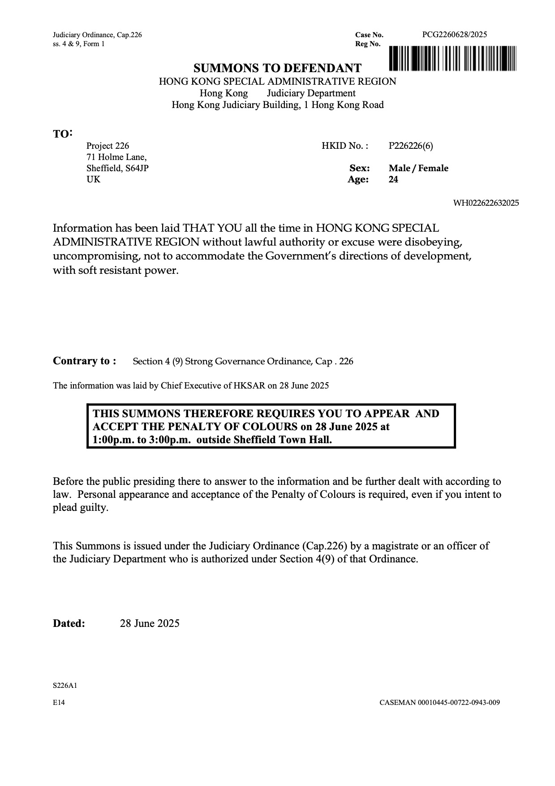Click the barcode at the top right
click(x=452, y=58)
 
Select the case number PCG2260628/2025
click(x=454, y=35)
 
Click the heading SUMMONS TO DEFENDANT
click(x=277, y=68)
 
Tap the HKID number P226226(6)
click(x=411, y=146)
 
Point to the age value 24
click(x=393, y=180)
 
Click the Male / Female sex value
click(x=418, y=168)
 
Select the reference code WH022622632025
click(x=486, y=203)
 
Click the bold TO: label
click(x=62, y=134)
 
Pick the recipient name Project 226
click(x=108, y=146)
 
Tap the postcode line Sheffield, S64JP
click(x=117, y=168)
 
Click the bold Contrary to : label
click(x=85, y=361)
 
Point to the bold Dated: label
click(x=69, y=623)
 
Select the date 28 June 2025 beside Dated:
click(x=150, y=623)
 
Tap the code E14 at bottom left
click(x=59, y=703)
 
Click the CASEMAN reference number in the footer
click(x=439, y=703)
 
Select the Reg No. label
click(x=368, y=44)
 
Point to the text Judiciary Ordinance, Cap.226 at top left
click(x=97, y=35)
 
